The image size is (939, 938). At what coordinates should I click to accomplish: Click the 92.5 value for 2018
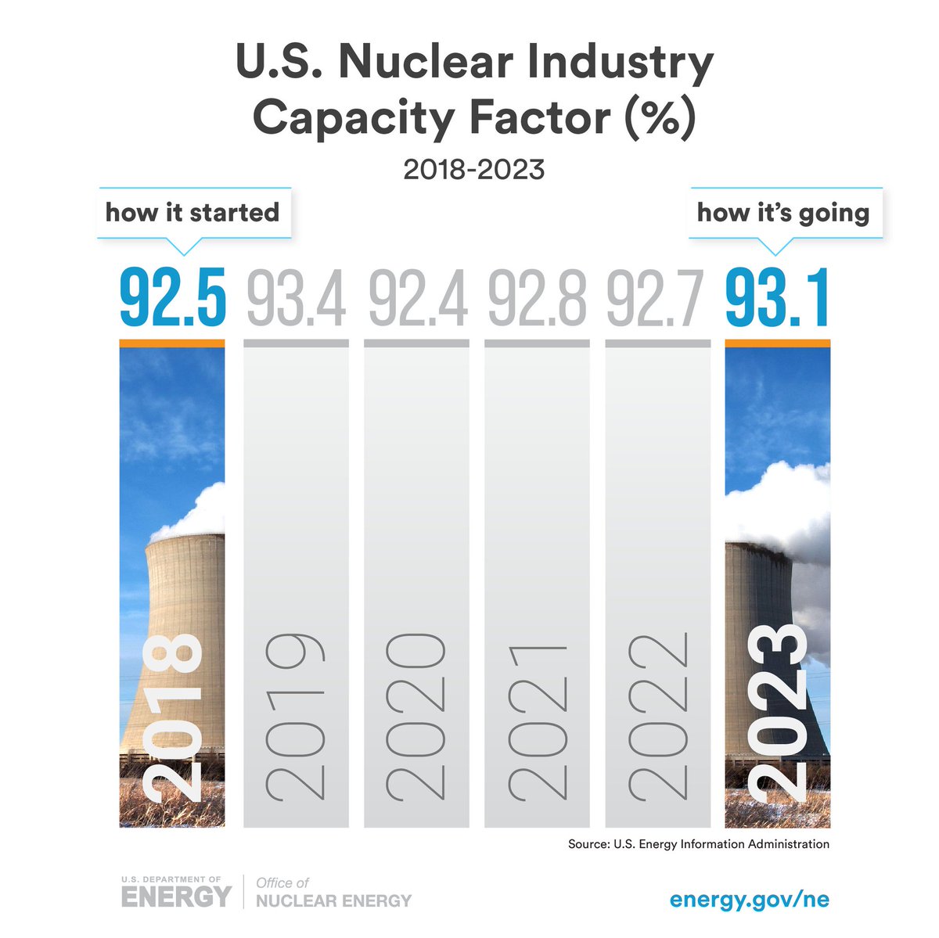172,297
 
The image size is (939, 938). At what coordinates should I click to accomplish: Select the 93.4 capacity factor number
296,297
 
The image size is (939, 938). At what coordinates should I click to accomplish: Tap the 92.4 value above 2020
417,297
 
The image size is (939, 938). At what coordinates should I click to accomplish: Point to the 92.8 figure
538,297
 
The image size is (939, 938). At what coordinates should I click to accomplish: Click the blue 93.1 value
777,297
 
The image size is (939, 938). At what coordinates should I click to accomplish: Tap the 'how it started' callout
192,213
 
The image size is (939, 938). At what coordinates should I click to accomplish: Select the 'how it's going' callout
783,213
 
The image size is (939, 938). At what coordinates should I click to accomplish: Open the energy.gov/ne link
749,899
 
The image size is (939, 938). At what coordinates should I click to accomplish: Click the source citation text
699,844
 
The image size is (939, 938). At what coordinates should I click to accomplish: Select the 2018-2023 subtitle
473,169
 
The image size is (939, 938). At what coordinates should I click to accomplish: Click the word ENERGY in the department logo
176,897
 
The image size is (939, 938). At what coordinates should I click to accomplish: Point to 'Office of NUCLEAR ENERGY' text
333,893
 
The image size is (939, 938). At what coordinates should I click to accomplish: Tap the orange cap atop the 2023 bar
778,343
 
